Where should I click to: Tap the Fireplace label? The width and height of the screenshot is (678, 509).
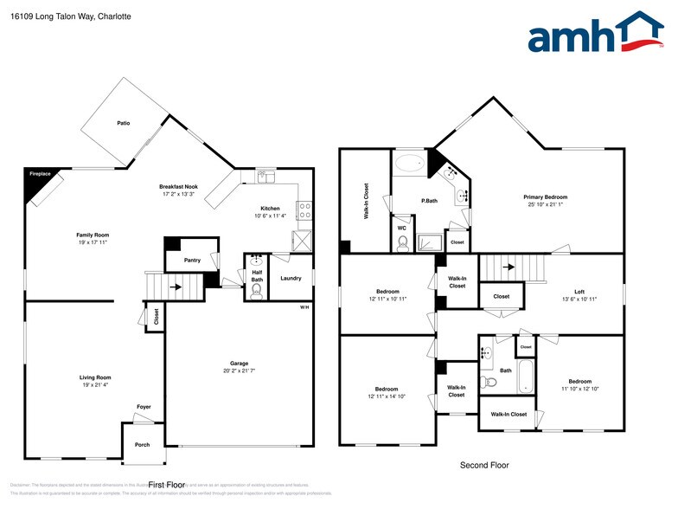point(40,174)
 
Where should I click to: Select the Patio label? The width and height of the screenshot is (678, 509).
point(124,124)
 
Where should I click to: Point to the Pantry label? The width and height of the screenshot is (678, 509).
point(193,260)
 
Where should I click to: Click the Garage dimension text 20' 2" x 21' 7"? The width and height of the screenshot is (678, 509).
point(239,370)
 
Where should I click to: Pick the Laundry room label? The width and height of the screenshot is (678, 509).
point(291,278)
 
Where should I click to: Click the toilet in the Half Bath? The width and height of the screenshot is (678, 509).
point(256,291)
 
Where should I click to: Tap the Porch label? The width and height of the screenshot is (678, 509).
point(142,445)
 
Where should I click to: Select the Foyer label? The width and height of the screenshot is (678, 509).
point(143,406)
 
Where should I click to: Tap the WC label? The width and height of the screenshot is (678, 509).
point(402,228)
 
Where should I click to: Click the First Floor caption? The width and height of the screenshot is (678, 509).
point(167,485)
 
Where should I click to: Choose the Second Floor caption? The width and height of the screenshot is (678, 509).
point(483,465)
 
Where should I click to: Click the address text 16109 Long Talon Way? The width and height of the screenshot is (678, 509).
point(48,16)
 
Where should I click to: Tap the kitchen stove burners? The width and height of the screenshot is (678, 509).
point(304,209)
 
